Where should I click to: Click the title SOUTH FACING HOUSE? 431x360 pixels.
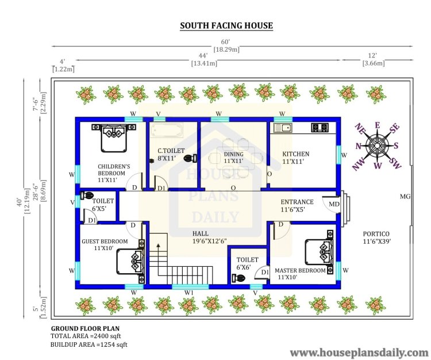[x=226, y=25]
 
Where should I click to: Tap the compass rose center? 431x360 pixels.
[x=377, y=145]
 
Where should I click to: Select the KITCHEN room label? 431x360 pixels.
[x=296, y=154]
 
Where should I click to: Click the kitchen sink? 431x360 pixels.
[x=283, y=128]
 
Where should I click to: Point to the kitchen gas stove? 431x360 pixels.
[x=320, y=127]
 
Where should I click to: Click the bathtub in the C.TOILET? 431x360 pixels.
[x=166, y=130]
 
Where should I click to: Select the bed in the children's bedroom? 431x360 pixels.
[x=114, y=138]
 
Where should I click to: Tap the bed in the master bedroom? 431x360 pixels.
[x=319, y=252]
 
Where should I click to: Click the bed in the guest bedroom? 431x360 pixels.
[x=130, y=261]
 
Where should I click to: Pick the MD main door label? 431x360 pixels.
[x=334, y=204]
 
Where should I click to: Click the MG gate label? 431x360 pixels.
[x=405, y=196]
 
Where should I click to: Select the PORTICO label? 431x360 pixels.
[x=376, y=234]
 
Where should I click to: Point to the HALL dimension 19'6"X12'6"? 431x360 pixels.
[x=209, y=241]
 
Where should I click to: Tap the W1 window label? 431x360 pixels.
[x=188, y=293]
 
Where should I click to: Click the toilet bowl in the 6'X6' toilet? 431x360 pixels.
[x=238, y=278]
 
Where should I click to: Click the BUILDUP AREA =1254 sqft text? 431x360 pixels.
[x=88, y=344]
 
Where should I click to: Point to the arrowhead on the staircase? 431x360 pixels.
[x=158, y=246]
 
